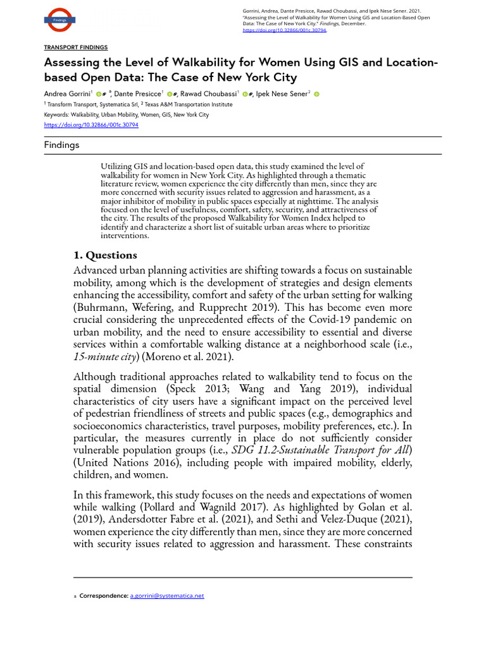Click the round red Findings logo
(x=59, y=20)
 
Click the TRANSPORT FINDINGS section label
(x=75, y=47)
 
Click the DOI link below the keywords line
(x=91, y=125)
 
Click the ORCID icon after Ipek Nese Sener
(x=316, y=94)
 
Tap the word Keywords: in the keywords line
(x=58, y=115)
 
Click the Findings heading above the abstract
(x=61, y=145)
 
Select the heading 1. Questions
(x=105, y=255)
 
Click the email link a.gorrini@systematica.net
(x=166, y=596)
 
